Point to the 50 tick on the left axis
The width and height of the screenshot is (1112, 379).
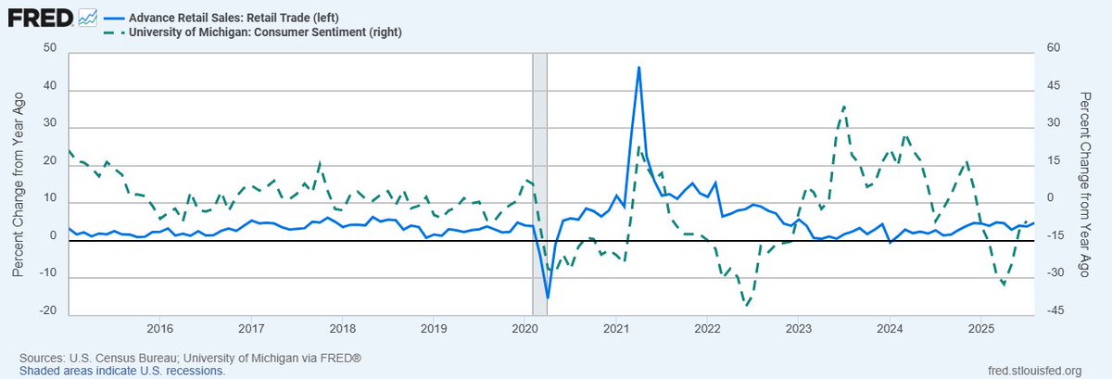pyautogui.click(x=49, y=49)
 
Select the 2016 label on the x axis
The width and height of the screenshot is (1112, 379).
pyautogui.click(x=160, y=329)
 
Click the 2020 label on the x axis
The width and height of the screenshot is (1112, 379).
pyautogui.click(x=524, y=329)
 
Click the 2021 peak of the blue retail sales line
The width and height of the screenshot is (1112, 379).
pyautogui.click(x=639, y=67)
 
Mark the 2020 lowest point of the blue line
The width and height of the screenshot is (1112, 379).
pyautogui.click(x=548, y=297)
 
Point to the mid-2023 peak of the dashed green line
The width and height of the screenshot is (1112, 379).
pyautogui.click(x=844, y=107)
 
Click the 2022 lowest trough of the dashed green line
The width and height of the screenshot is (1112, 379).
pyautogui.click(x=746, y=303)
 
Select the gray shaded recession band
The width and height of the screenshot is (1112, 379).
pyautogui.click(x=539, y=185)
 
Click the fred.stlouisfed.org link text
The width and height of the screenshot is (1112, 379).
pyautogui.click(x=1035, y=371)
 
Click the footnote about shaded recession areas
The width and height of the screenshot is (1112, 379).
pyautogui.click(x=117, y=371)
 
